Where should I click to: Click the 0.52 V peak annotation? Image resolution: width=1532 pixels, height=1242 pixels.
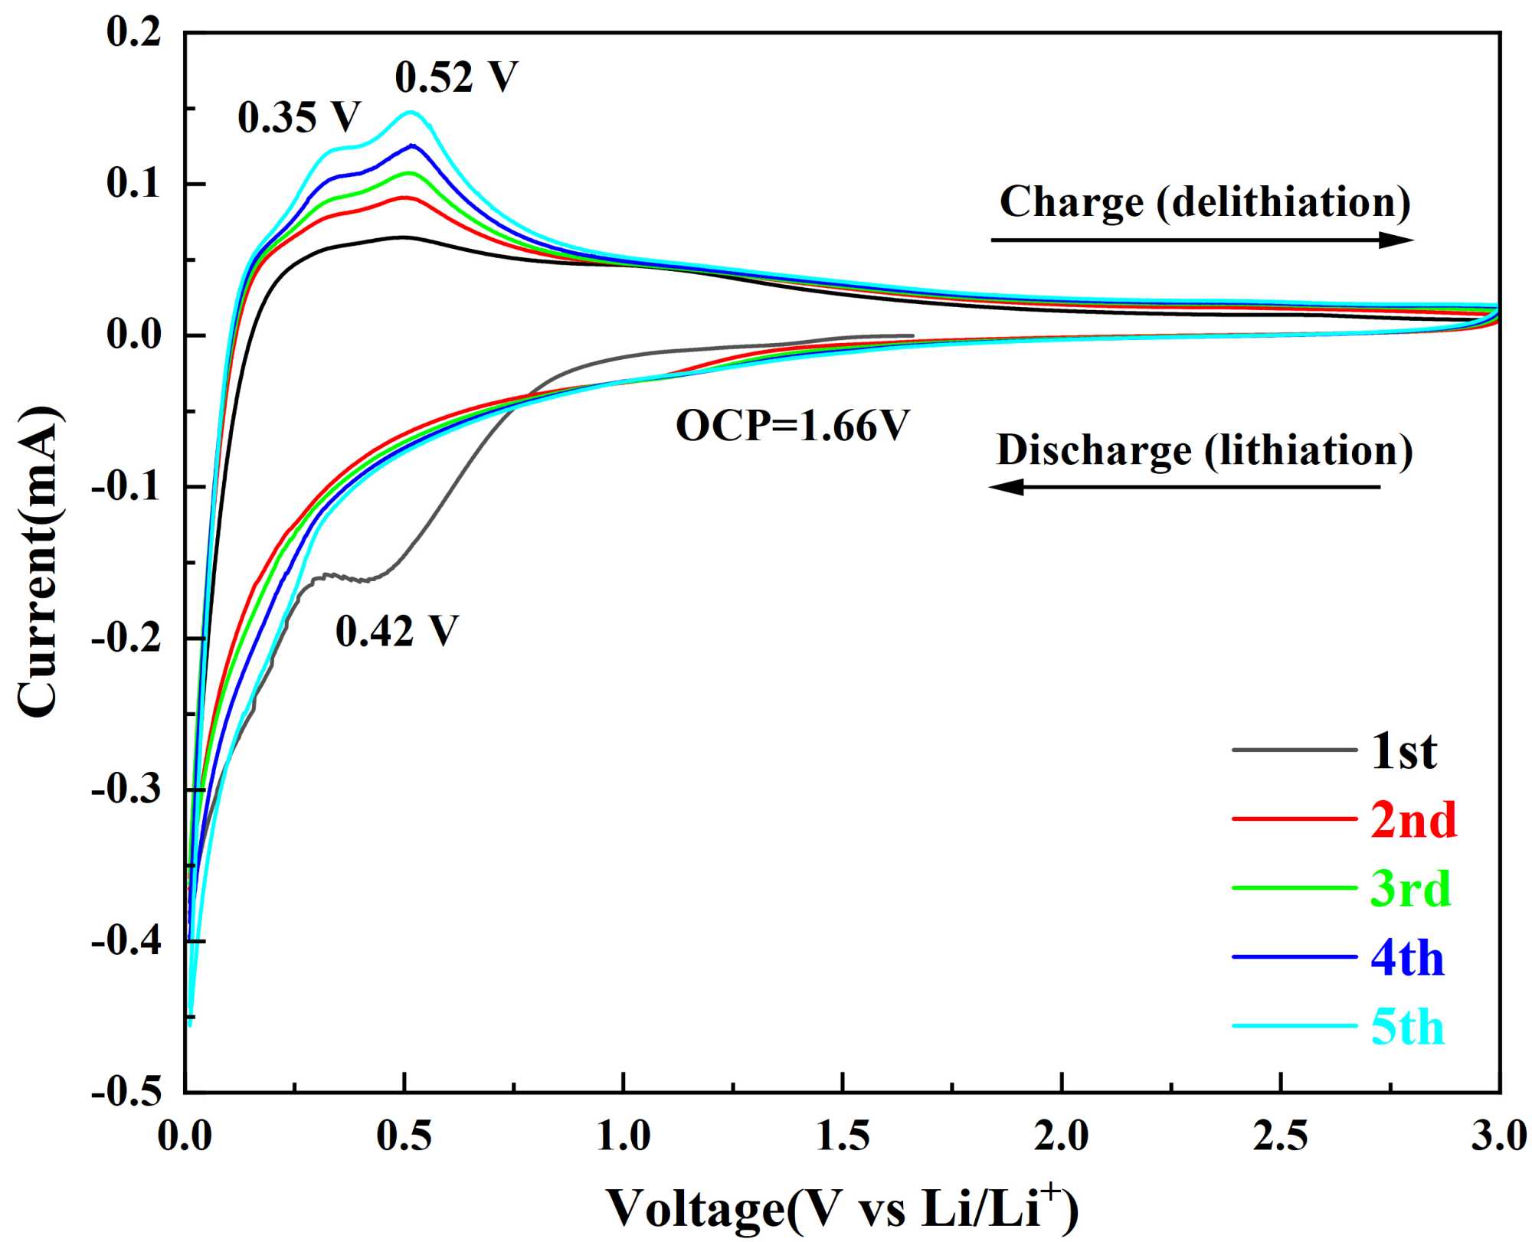(x=457, y=77)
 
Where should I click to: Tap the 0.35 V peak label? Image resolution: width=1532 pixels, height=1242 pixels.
(x=299, y=118)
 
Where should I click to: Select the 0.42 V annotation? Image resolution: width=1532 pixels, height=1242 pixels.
(x=397, y=632)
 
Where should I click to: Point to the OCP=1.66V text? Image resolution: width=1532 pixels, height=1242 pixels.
(x=792, y=426)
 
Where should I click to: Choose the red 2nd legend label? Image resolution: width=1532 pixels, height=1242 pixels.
(x=1413, y=820)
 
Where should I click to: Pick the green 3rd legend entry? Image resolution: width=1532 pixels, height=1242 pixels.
(x=1410, y=889)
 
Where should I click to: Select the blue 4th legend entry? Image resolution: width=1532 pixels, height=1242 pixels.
(x=1407, y=958)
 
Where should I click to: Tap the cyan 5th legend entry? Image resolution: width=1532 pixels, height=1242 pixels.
(x=1407, y=1027)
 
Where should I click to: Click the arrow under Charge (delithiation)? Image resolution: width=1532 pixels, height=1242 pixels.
(x=1202, y=240)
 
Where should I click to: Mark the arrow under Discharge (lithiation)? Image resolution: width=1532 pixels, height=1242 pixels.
(x=1184, y=486)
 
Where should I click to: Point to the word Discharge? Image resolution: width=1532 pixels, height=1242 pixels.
(x=1094, y=450)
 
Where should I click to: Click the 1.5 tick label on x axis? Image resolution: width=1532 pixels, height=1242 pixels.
(x=843, y=1136)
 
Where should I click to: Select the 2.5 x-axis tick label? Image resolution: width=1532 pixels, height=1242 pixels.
(x=1280, y=1136)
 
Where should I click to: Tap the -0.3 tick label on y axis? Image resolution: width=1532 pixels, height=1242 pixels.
(x=126, y=789)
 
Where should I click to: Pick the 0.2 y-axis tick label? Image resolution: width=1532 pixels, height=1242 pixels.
(x=134, y=32)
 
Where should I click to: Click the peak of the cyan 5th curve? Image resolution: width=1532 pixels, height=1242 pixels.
(x=411, y=112)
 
